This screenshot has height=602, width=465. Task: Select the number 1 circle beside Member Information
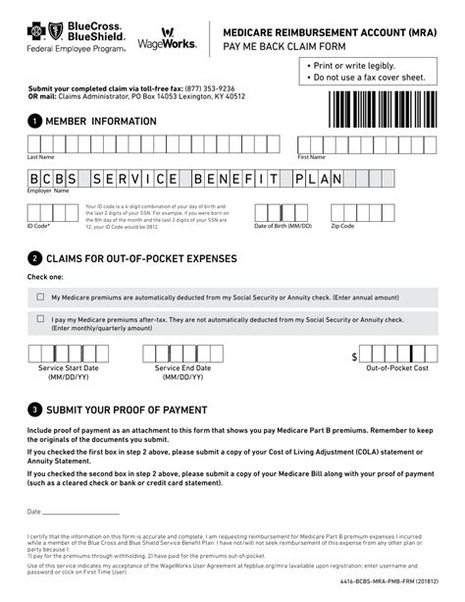click(35, 121)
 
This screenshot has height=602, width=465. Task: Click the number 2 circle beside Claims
click(35, 258)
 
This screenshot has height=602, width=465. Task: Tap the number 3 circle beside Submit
click(35, 409)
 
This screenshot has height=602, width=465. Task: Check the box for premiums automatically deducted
click(40, 296)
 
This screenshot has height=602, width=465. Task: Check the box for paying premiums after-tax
click(40, 319)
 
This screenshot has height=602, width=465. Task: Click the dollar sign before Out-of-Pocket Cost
click(354, 356)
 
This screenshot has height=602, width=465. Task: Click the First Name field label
click(311, 156)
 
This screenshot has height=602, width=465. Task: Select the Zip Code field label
click(342, 225)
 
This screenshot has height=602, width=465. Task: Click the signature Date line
click(80, 512)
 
